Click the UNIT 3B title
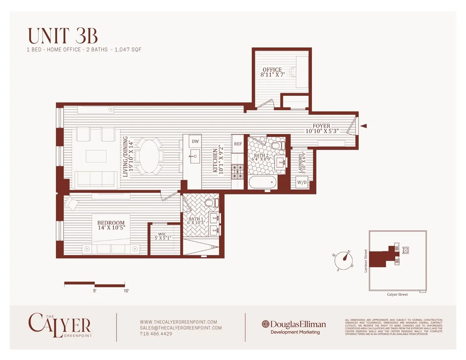pyautogui.click(x=63, y=36)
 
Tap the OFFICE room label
pyautogui.click(x=272, y=70)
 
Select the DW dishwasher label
pyautogui.click(x=195, y=142)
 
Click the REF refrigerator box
pyautogui.click(x=238, y=144)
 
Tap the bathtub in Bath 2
pyautogui.click(x=263, y=182)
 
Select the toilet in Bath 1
pyautogui.click(x=212, y=203)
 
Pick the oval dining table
pyautogui.click(x=151, y=156)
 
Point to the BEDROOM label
pyautogui.click(x=111, y=223)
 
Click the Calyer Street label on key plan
pyautogui.click(x=397, y=294)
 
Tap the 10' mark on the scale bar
pyautogui.click(x=125, y=290)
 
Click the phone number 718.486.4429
pyautogui.click(x=156, y=334)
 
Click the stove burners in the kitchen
pyautogui.click(x=237, y=171)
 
